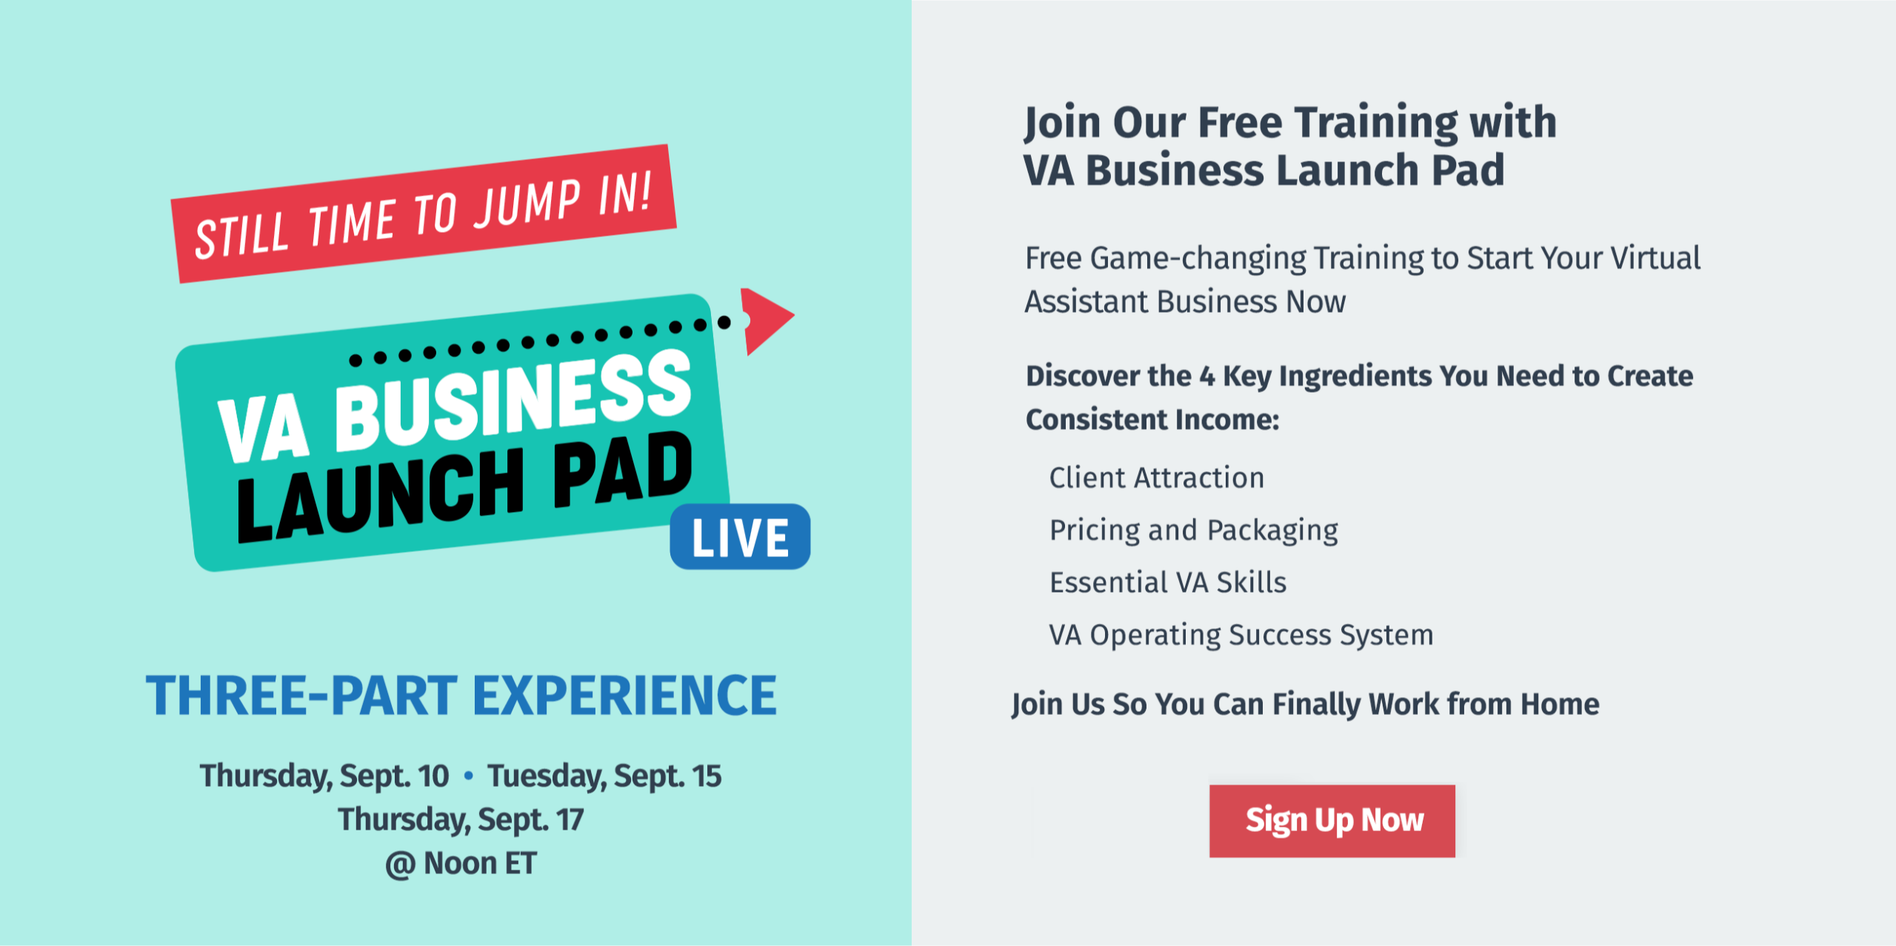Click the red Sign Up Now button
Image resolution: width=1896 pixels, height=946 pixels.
pos(1332,821)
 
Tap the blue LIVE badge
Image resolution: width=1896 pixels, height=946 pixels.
pos(740,536)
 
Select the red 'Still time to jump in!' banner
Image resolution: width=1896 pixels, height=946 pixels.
pos(424,213)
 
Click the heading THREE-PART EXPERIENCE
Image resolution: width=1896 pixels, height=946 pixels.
pos(461,696)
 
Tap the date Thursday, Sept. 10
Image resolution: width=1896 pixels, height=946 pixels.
pos(324,776)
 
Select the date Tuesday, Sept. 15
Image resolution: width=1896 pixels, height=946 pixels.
pos(604,776)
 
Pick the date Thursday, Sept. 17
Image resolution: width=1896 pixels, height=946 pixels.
pos(461,820)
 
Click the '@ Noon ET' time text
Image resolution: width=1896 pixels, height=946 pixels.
pos(461,864)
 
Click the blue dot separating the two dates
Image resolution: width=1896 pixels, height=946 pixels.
pos(468,776)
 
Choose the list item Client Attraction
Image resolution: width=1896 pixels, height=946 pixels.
pos(1157,478)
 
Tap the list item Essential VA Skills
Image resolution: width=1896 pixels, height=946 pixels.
pos(1168,582)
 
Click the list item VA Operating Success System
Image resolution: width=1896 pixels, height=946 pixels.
pos(1241,636)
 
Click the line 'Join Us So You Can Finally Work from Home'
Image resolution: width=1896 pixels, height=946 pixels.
pos(1306,704)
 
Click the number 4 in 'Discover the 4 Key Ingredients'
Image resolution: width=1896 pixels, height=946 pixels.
pos(1207,377)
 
